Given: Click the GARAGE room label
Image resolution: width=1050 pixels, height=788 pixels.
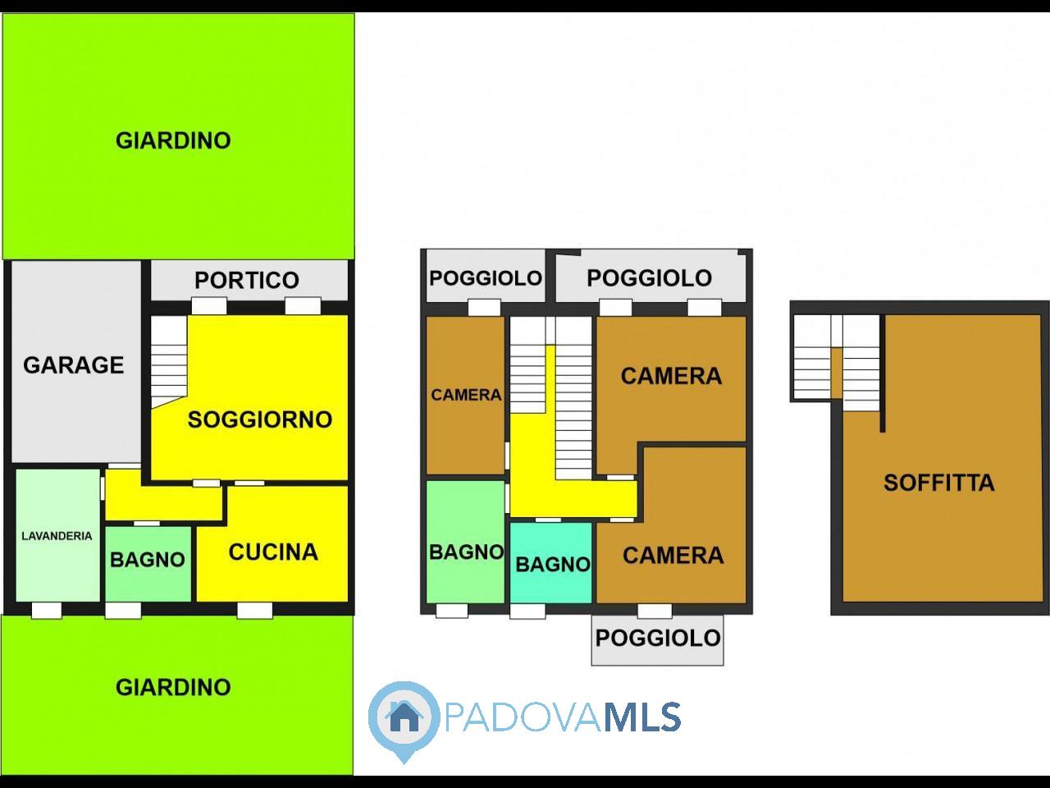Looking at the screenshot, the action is (x=73, y=365).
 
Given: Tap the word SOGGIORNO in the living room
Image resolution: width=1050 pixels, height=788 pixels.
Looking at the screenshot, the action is (x=260, y=419).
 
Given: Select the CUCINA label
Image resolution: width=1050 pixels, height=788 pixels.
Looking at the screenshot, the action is (x=273, y=552).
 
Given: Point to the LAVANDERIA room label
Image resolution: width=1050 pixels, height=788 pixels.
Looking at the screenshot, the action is (x=57, y=536).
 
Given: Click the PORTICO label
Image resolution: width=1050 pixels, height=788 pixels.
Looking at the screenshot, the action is (x=247, y=280).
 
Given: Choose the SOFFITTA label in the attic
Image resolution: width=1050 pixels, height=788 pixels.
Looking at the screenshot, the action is (x=939, y=483).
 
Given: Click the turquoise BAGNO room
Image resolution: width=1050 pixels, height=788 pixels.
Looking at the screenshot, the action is (x=551, y=562).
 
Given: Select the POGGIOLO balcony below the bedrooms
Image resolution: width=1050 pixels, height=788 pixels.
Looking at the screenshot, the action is (x=658, y=640).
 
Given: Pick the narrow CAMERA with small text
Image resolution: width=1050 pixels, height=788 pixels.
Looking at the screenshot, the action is (x=466, y=395).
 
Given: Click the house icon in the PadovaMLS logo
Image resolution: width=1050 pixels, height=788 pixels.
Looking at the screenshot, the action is (x=404, y=717).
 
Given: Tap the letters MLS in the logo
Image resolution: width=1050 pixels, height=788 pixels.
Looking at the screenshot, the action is (x=642, y=717).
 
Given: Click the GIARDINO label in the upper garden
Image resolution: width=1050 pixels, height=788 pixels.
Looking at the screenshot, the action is (x=173, y=140).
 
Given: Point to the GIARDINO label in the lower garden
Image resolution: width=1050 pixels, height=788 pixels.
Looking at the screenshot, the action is (x=173, y=688).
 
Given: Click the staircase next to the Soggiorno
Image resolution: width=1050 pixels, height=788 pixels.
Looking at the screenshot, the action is (x=169, y=362).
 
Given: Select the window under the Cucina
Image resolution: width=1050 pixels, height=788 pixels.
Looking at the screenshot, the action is (x=255, y=611).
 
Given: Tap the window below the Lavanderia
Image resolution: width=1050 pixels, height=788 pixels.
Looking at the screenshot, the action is (x=47, y=611).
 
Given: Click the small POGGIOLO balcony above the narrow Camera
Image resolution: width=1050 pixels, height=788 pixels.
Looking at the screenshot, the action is (x=486, y=276).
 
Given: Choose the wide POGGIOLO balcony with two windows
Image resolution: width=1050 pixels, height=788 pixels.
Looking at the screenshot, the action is (x=650, y=276).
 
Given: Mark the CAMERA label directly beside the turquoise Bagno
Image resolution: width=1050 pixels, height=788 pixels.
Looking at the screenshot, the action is (x=673, y=556).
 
